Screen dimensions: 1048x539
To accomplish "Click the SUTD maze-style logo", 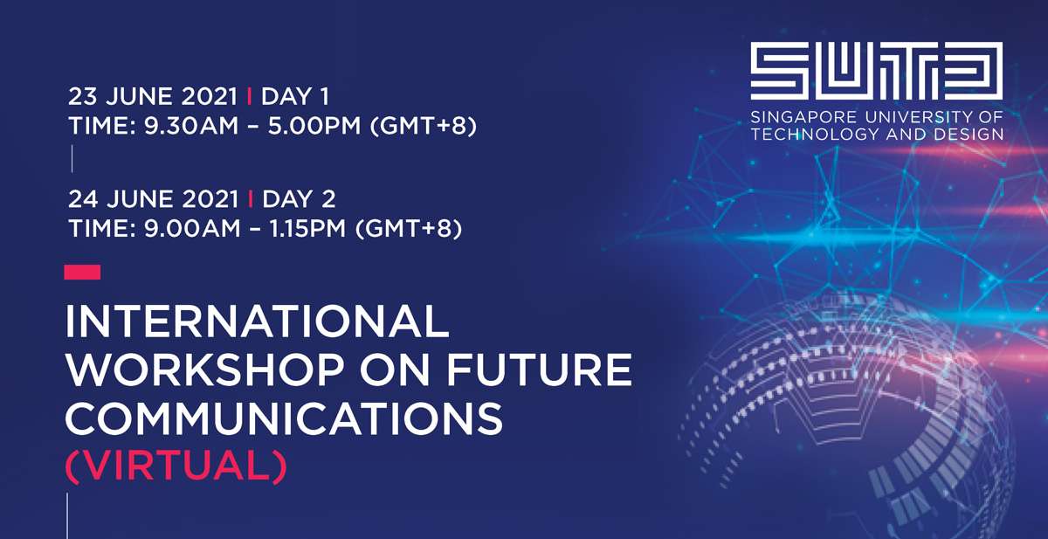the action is (876, 71).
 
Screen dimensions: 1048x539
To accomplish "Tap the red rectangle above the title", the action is (82, 272).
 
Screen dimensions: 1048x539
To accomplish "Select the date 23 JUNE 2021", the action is (153, 97).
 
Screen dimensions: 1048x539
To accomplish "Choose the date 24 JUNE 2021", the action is (154, 199).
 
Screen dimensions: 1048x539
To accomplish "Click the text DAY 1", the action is (295, 97).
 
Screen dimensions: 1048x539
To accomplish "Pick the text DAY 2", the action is (299, 199).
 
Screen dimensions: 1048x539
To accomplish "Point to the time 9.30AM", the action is (191, 126).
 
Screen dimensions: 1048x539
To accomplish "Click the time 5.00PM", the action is (314, 126).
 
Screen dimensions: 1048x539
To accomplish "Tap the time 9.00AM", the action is (192, 228).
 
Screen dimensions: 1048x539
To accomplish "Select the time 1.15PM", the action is (307, 228).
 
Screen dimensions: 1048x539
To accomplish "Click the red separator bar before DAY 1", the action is (250, 97).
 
